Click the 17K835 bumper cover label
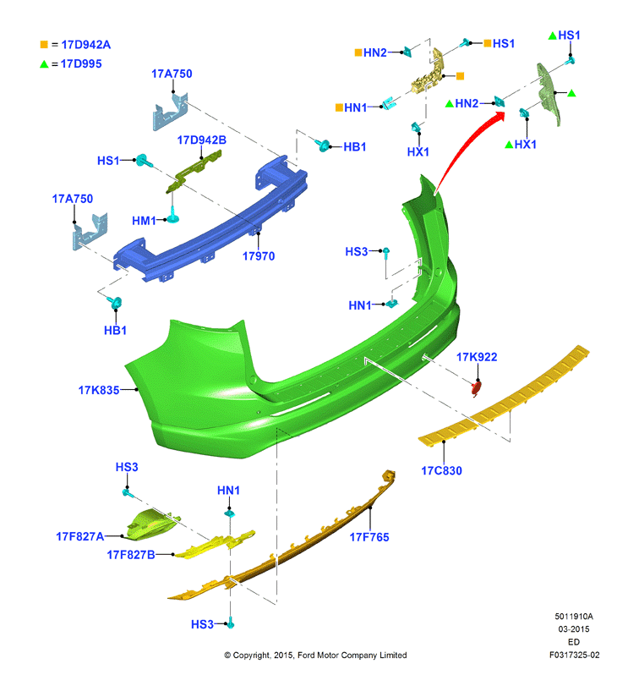tap(98, 390)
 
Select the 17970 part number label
tap(259, 255)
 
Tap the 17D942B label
tap(201, 140)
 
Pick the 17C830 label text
tap(441, 471)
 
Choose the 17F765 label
tap(369, 536)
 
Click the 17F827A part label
tap(79, 536)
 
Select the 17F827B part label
tap(130, 555)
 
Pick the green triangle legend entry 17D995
tap(77, 63)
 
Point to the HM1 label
tap(145, 221)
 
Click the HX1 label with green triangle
tap(525, 145)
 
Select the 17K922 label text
tap(477, 357)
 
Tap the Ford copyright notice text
tap(315, 656)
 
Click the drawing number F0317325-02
tap(574, 655)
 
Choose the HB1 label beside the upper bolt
tap(354, 147)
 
